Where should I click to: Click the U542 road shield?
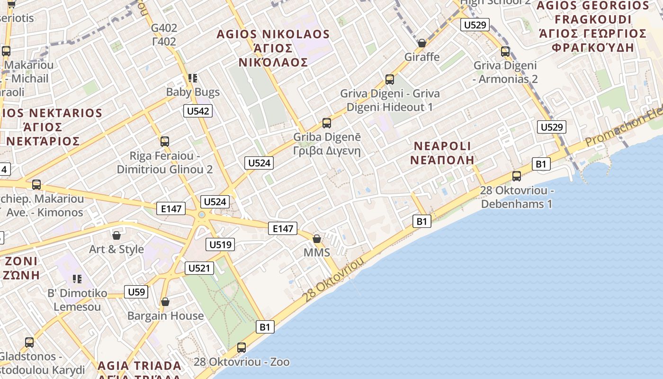[198, 111]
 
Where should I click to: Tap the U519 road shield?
[220, 245]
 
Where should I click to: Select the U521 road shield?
[199, 268]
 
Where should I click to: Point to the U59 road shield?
[136, 292]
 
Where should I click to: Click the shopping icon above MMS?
[317, 238]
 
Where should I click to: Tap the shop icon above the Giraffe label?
[421, 43]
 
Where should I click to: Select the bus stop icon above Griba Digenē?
[326, 123]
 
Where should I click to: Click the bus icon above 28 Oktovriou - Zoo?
[242, 348]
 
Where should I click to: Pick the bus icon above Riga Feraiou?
[165, 141]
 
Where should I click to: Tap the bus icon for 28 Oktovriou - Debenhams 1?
[517, 176]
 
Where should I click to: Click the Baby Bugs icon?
[192, 78]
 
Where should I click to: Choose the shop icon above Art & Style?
[116, 235]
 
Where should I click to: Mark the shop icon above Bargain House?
[165, 302]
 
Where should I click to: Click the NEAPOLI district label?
[442, 146]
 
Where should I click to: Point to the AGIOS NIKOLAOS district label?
[273, 34]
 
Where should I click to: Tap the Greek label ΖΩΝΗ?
[22, 275]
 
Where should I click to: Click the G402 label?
[164, 28]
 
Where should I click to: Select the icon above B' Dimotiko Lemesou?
[77, 279]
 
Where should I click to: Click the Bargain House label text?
[165, 316]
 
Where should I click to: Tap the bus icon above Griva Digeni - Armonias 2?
[505, 52]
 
